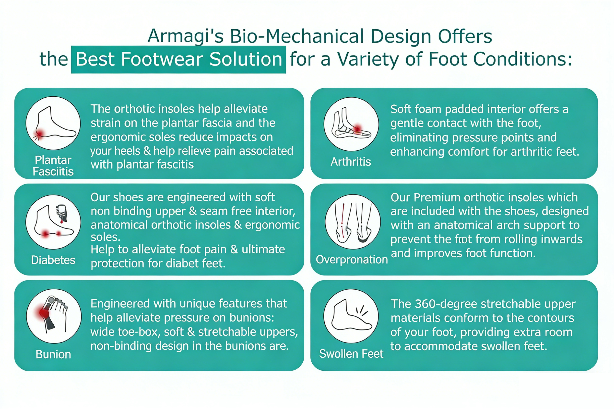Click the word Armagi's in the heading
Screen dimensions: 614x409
pos(186,36)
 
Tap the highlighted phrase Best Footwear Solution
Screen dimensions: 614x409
pos(178,59)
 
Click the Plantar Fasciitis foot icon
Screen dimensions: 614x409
pos(53,123)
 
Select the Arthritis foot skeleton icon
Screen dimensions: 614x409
pos(351,124)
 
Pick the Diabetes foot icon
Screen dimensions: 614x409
pos(53,222)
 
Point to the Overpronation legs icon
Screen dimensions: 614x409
pos(353,222)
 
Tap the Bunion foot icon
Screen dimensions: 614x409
pos(54,316)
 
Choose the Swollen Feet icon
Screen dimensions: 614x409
pos(351,316)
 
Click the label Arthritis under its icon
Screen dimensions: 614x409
pos(351,162)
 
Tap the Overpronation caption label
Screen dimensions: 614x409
pos(352,260)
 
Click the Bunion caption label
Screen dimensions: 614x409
pos(53,354)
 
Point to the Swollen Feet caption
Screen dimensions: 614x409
pos(351,354)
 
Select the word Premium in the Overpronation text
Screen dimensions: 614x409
pos(437,197)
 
